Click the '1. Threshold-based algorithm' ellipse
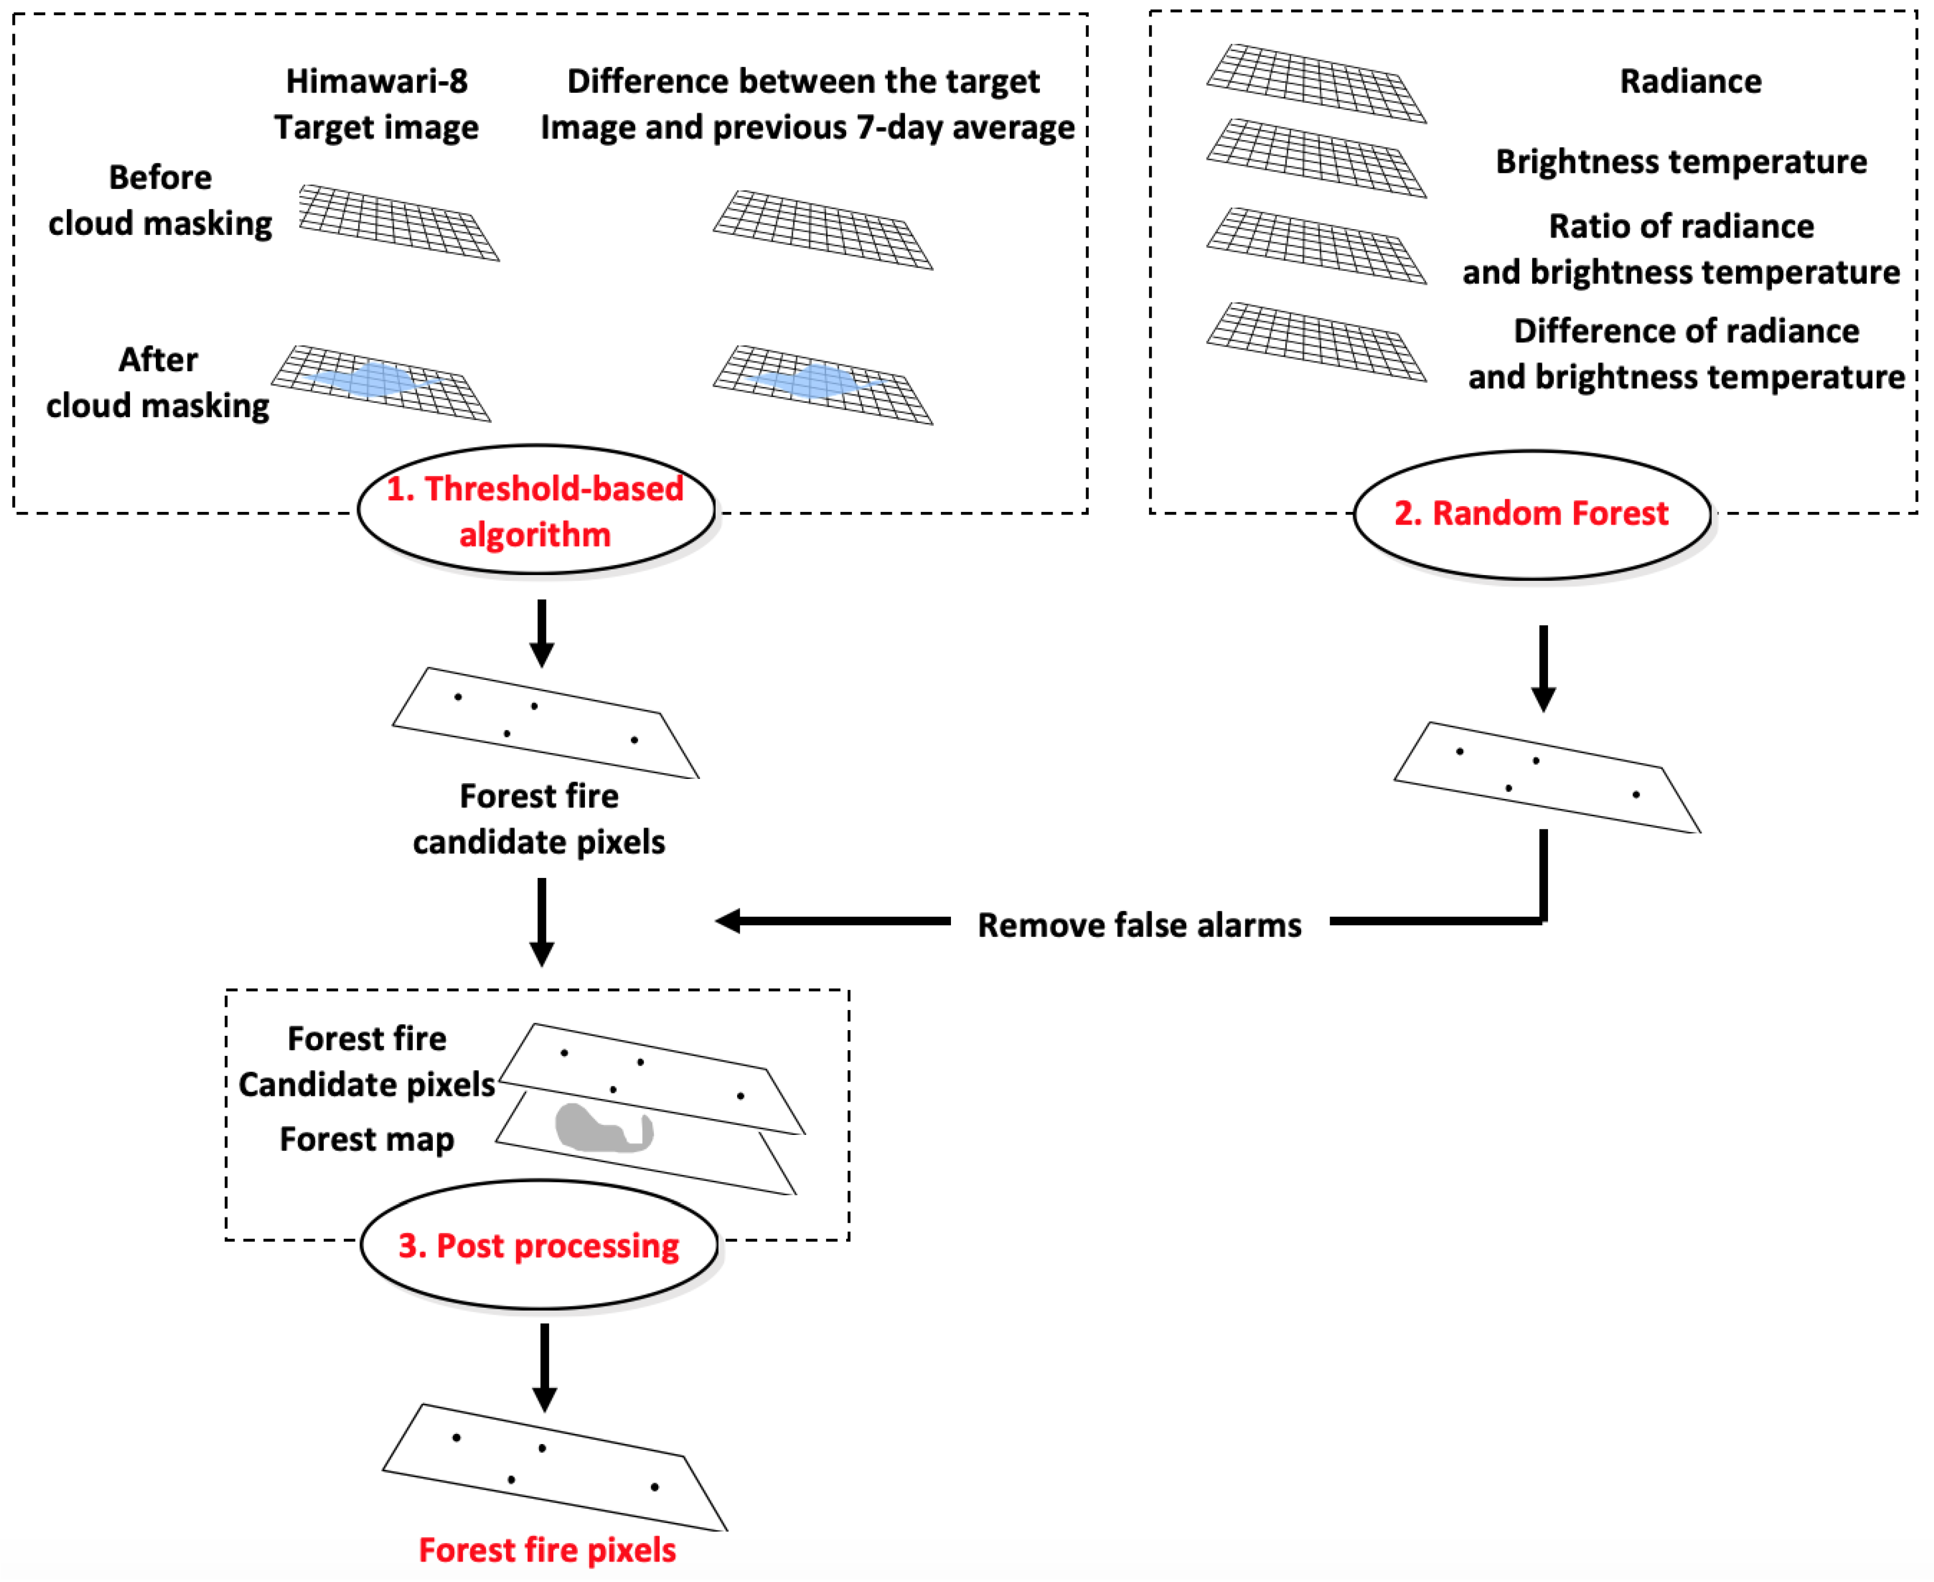coord(535,510)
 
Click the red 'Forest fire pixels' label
coord(547,1549)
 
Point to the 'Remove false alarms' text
coord(1139,925)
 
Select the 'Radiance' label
coord(1690,81)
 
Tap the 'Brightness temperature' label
coord(1681,161)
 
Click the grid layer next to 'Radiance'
coord(1316,83)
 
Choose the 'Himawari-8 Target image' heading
coord(376,104)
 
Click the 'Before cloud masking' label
coord(160,201)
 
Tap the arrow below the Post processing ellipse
coord(545,1367)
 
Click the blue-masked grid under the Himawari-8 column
coord(381,383)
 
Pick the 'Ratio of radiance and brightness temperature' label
coord(1681,249)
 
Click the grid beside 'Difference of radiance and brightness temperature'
coord(1316,342)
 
